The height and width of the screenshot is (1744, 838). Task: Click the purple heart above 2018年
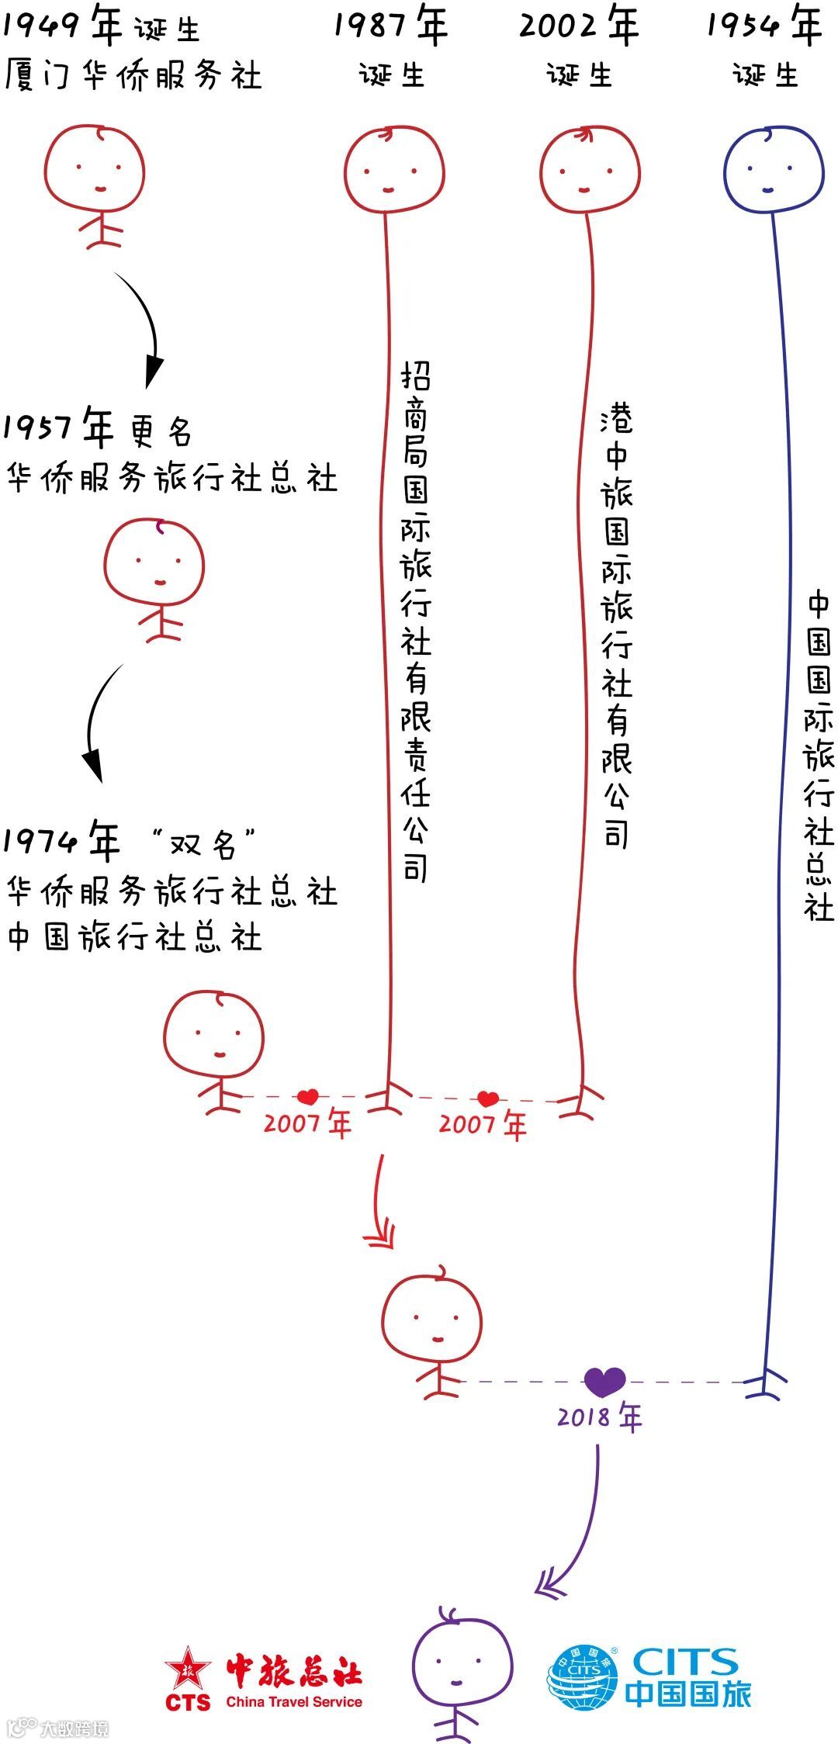(604, 1381)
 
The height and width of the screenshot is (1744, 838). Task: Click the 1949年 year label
(62, 26)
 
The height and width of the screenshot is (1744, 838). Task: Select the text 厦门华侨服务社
(133, 76)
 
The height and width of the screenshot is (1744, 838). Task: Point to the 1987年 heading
(391, 26)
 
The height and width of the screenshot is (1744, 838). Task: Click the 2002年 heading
(579, 26)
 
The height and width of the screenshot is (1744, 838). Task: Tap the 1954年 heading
(764, 26)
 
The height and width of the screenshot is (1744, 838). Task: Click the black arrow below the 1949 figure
(144, 330)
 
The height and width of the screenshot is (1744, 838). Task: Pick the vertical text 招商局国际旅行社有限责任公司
(415, 621)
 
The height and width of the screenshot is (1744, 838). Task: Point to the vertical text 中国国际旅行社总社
(819, 756)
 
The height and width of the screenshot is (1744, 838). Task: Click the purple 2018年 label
(600, 1418)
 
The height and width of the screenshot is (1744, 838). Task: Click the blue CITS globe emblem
(583, 1677)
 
